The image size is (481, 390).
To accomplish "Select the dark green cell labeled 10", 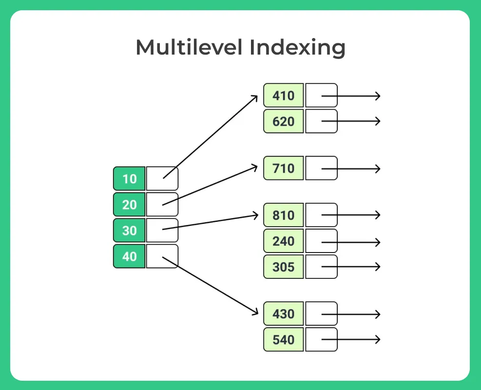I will tap(129, 179).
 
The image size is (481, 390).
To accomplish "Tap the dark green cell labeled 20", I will tap(129, 205).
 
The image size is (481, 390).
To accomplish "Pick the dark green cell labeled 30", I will tap(129, 230).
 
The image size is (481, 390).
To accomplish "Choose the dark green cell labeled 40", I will tap(129, 256).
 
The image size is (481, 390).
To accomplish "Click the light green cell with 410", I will tap(284, 96).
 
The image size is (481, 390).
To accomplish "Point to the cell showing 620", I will tap(284, 121).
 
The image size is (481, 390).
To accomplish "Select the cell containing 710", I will tap(284, 168).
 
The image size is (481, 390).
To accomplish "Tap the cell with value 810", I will tap(284, 215).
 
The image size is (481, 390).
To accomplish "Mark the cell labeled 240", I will tap(284, 241).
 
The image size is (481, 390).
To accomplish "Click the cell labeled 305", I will tap(284, 267).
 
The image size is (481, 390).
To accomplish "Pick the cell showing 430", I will tap(284, 313).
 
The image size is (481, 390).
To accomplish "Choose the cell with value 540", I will tap(284, 339).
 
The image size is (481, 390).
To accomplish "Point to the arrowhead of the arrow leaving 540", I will tap(377, 339).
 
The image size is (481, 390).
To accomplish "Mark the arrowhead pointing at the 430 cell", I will tap(254, 312).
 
